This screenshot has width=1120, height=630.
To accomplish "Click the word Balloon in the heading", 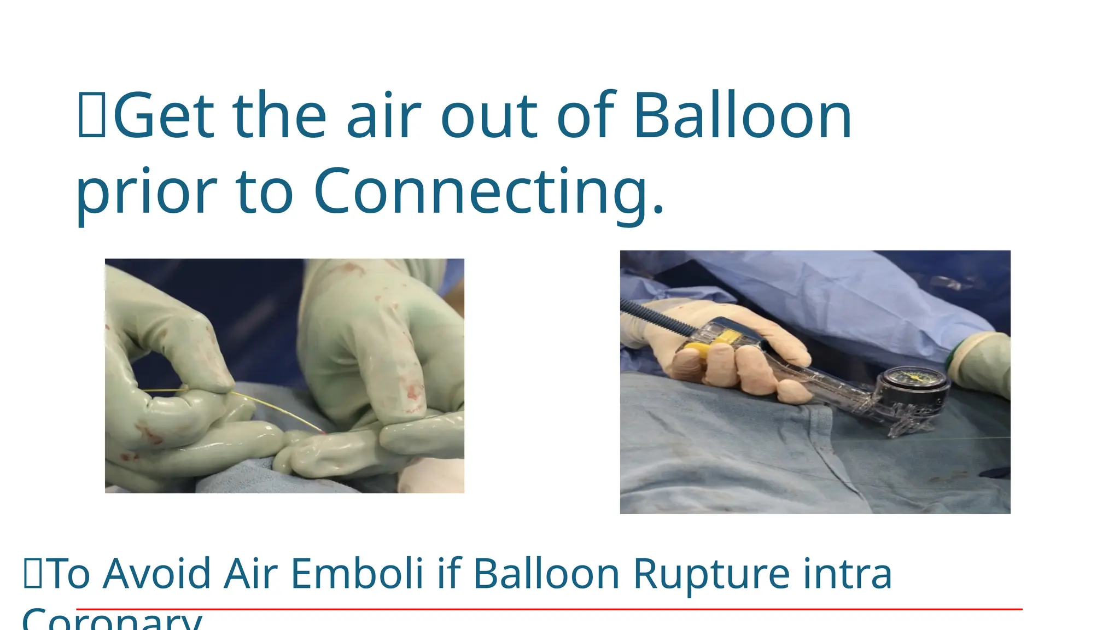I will pyautogui.click(x=742, y=116).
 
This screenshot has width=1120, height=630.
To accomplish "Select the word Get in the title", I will pyautogui.click(x=163, y=116).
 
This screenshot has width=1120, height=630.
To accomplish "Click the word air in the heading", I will pyautogui.click(x=383, y=116).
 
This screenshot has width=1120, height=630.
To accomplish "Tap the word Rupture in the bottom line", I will pyautogui.click(x=711, y=574).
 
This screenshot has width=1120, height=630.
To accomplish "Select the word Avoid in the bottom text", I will pyautogui.click(x=156, y=574).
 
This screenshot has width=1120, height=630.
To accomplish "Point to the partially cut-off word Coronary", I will pyautogui.click(x=112, y=621).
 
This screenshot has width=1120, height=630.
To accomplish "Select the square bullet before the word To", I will pyautogui.click(x=33, y=573).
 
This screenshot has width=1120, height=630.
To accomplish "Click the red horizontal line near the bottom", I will pyautogui.click(x=547, y=609).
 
